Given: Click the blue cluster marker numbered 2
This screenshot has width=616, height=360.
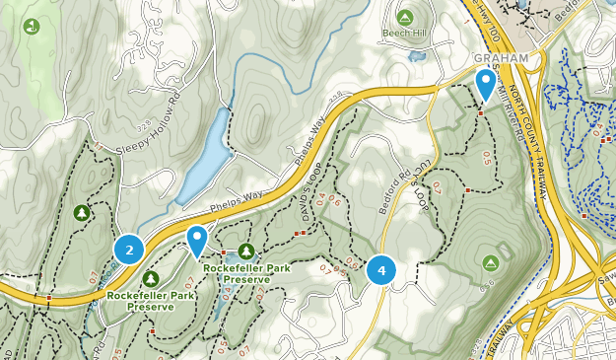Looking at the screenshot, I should coord(129,249).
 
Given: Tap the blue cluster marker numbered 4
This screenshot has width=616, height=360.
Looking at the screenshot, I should coord(381,269).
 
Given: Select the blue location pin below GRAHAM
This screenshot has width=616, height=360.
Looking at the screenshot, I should coord(485,83).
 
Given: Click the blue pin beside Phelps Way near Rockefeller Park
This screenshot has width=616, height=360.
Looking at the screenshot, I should coord(198,240).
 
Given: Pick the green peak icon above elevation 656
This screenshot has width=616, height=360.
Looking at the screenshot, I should coord(491,262).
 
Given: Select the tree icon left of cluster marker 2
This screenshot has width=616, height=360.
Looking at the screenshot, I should coord(83,212).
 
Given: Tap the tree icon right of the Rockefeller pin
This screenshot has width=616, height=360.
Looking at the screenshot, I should coord(245,252).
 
